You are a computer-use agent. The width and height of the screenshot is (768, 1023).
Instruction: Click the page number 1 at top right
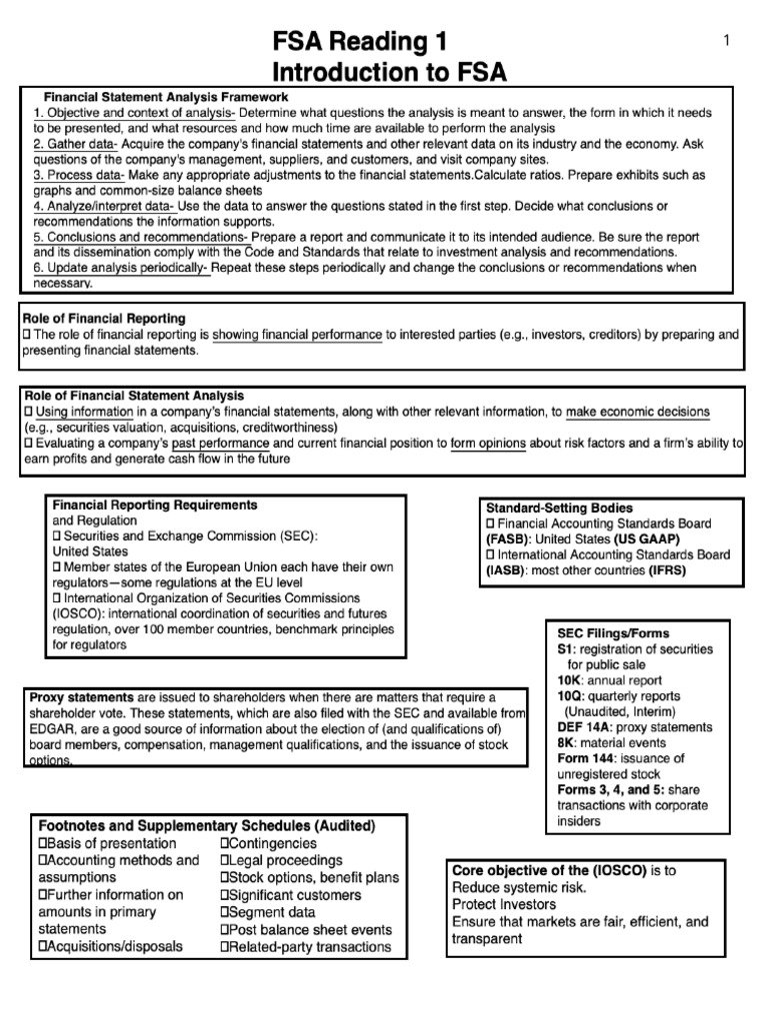727,39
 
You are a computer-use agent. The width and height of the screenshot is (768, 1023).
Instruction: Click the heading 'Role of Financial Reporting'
98,318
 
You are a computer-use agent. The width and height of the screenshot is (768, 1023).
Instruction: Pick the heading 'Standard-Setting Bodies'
559,508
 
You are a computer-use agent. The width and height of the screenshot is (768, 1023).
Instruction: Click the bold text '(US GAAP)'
655,538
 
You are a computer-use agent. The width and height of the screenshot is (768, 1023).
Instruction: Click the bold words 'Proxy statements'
82,697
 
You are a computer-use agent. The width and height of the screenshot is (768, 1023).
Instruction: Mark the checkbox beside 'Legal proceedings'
225,860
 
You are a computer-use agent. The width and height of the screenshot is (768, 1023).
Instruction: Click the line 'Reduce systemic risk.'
519,887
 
